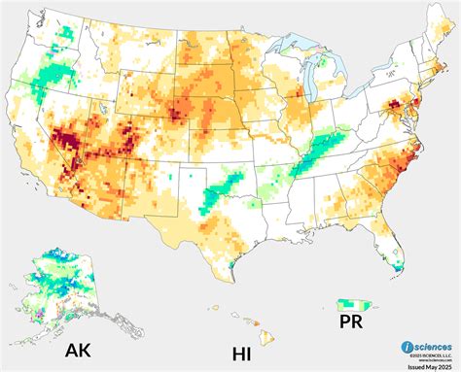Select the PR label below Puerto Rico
[351, 320]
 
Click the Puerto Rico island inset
[352, 303]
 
